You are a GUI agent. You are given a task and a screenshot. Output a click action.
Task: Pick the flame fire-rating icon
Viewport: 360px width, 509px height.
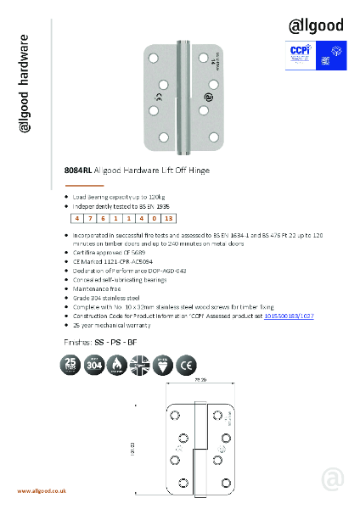(x=128, y=366)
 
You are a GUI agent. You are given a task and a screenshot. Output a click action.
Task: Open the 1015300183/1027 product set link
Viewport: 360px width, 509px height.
(x=290, y=315)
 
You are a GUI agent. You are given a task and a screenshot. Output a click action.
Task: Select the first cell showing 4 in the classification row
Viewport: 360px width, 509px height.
(x=77, y=219)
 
